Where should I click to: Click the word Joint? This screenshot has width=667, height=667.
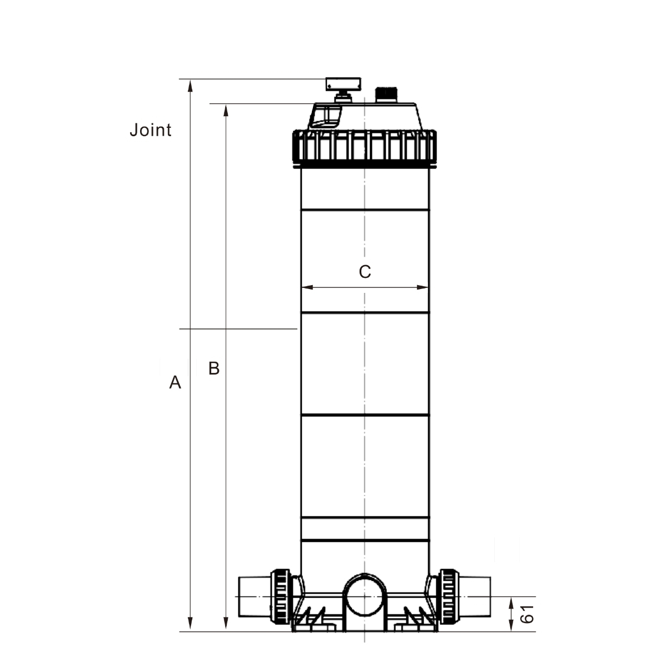[150, 130]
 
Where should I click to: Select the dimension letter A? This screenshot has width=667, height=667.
[175, 382]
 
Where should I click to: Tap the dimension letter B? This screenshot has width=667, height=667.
[214, 368]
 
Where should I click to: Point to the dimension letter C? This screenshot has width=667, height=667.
[365, 272]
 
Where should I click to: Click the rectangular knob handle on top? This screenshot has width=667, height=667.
[343, 84]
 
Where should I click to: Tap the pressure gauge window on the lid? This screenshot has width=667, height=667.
[326, 116]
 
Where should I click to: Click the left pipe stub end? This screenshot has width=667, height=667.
[253, 596]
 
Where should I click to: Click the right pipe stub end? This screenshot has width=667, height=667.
[477, 596]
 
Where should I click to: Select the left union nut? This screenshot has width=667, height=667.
[280, 596]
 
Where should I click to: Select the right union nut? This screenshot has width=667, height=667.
[449, 596]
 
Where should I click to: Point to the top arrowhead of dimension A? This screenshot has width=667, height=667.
[191, 84]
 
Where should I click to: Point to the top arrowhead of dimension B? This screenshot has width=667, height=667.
[226, 109]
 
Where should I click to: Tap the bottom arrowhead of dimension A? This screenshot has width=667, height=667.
[191, 626]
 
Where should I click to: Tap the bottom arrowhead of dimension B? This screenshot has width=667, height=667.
[226, 626]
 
